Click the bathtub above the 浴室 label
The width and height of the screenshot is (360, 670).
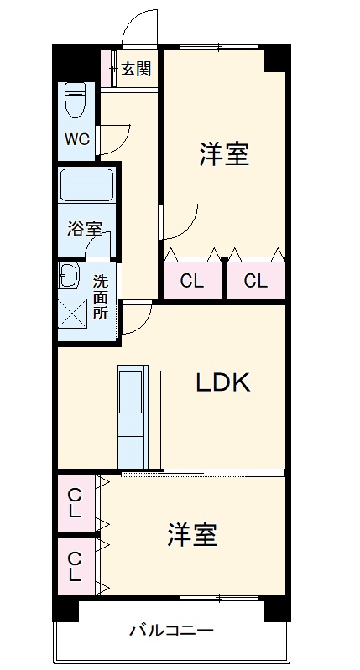[x=86, y=184]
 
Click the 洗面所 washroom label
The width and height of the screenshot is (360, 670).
[x=101, y=298]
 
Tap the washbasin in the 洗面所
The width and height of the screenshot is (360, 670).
[x=68, y=276]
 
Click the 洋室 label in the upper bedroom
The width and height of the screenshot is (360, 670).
[x=224, y=154]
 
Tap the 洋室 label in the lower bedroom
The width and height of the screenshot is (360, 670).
[x=192, y=534]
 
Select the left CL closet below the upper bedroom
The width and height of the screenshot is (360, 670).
[x=192, y=281]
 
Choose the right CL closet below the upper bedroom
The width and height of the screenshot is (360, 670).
[x=256, y=281]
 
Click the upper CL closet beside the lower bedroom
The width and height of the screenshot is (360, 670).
[x=76, y=502]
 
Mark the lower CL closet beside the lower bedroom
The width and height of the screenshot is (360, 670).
[x=76, y=567]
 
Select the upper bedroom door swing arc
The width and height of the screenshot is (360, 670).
[x=180, y=222]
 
